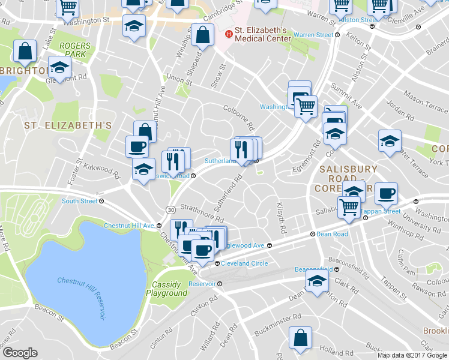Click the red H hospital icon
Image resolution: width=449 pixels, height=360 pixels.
click(x=228, y=35)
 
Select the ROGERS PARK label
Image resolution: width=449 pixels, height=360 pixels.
click(x=75, y=50)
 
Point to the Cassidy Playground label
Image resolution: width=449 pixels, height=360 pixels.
click(x=167, y=289)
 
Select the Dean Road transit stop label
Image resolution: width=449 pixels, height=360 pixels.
click(x=332, y=234)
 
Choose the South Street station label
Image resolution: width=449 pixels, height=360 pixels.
click(x=79, y=201)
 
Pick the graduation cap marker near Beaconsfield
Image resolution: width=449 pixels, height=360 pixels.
click(x=317, y=281)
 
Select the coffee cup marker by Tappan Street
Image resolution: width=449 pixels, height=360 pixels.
click(x=386, y=193)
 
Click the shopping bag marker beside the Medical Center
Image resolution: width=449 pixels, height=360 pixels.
click(x=202, y=34)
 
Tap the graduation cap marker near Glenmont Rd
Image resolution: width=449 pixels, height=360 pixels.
click(x=59, y=67)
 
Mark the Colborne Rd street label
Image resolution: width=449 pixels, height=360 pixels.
click(x=239, y=115)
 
